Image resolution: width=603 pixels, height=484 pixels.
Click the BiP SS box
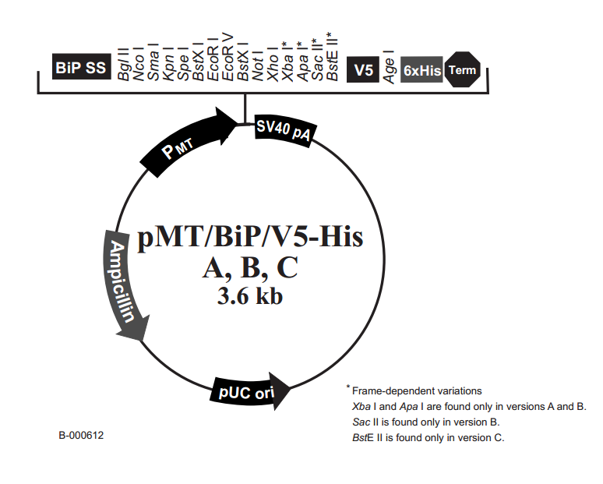coord(82,67)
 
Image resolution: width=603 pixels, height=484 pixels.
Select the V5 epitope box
coord(362,69)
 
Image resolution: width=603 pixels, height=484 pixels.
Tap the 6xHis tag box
coord(421,69)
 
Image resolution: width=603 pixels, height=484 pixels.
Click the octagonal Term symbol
coord(463,69)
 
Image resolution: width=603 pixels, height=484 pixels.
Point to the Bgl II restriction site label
coord(123,64)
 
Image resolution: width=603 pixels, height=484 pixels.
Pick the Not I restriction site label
coord(258,66)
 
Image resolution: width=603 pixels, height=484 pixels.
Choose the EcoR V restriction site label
coord(227,58)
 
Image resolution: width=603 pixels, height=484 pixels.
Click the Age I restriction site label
coord(389,66)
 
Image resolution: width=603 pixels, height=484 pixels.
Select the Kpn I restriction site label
coord(168,64)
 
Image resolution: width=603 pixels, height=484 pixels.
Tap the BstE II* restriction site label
coord(332,57)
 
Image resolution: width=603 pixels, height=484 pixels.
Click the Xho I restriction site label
coord(273,65)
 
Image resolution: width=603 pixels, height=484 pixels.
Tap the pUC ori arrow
coord(250,391)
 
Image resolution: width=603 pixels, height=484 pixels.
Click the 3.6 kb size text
coord(250,296)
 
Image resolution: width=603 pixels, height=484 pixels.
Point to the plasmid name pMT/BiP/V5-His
coord(250,238)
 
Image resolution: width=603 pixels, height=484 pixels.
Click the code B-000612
coord(81,435)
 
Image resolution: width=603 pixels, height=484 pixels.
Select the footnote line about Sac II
coord(425,422)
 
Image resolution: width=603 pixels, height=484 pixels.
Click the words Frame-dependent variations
coord(417,391)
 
